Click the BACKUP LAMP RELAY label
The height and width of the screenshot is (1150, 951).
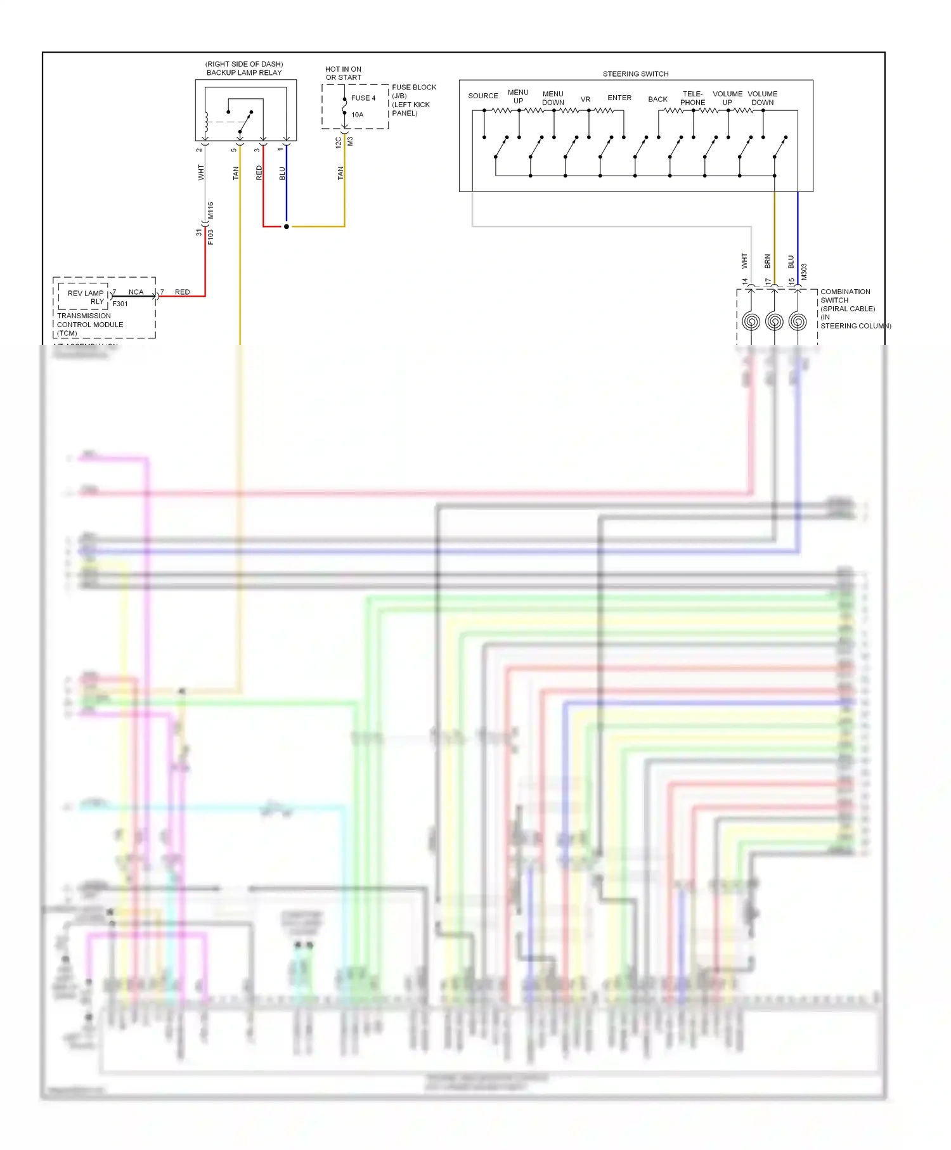point(244,72)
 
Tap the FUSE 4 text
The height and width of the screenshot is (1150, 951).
point(363,98)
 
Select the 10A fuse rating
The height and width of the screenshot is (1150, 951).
point(358,115)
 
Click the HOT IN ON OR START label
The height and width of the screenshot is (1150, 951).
point(343,74)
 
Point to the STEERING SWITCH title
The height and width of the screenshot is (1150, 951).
point(635,74)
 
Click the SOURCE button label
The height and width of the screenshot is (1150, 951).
point(483,96)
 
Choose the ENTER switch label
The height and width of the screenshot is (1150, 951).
point(619,98)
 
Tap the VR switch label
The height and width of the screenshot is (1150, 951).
point(585,100)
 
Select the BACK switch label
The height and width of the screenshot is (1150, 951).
point(657,100)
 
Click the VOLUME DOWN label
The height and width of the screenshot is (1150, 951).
point(762,98)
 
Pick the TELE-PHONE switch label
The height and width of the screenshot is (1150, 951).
point(692,98)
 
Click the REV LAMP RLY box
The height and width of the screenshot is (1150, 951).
point(85,297)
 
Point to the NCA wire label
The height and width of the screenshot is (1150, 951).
point(136,292)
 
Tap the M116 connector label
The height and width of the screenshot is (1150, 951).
point(210,210)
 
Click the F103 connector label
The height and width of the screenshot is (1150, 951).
point(210,236)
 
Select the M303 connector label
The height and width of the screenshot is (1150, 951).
point(804,272)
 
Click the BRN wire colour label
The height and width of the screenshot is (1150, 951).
point(768,261)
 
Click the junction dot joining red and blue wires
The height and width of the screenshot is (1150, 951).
point(287,226)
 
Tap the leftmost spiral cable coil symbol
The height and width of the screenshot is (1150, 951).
point(751,321)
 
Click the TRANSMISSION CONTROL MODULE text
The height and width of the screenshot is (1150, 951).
point(90,320)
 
